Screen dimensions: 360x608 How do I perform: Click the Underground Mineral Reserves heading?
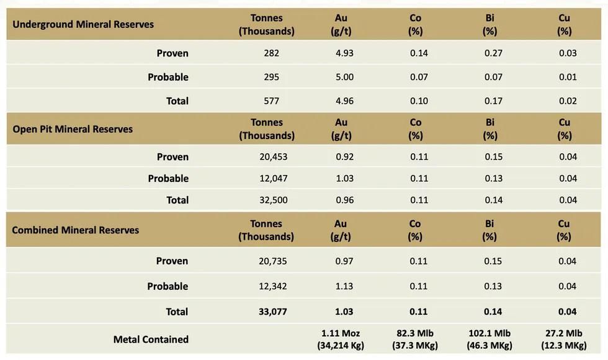click(x=83, y=24)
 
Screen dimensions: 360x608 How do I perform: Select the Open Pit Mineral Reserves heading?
click(x=73, y=129)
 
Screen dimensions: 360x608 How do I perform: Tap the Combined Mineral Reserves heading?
click(x=76, y=230)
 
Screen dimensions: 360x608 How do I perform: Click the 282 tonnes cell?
click(x=271, y=53)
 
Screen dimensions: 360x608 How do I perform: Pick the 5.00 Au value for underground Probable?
click(x=344, y=77)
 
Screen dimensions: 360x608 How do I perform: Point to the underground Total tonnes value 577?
click(x=271, y=101)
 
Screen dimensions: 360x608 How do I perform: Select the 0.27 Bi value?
click(x=493, y=53)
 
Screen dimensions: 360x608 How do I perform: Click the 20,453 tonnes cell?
click(x=274, y=156)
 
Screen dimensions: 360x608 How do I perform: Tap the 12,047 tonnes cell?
click(x=274, y=178)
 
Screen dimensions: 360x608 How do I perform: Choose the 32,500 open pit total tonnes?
click(x=274, y=200)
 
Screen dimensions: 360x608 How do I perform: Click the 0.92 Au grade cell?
click(x=344, y=156)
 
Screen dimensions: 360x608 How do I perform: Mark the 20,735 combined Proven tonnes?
click(x=273, y=261)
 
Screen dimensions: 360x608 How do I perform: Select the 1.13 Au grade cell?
click(x=344, y=286)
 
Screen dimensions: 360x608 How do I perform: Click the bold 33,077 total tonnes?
click(x=273, y=312)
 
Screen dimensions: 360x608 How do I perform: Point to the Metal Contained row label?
click(x=151, y=340)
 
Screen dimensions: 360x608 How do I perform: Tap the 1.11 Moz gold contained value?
click(x=341, y=333)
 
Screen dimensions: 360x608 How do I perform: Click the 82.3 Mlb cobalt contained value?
click(x=415, y=333)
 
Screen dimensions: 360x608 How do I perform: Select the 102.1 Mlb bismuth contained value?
click(x=490, y=333)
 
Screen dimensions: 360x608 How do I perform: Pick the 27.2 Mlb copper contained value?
click(x=563, y=333)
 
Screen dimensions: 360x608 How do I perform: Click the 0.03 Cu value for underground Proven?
click(x=568, y=53)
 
